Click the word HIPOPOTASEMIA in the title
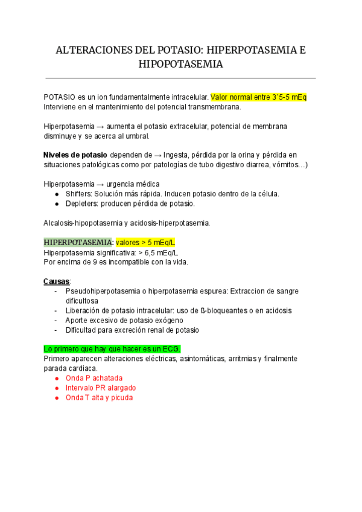[x=181, y=64]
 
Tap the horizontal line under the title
[x=181, y=78]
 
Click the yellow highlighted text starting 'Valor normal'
[x=260, y=97]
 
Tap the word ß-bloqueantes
[x=215, y=310]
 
